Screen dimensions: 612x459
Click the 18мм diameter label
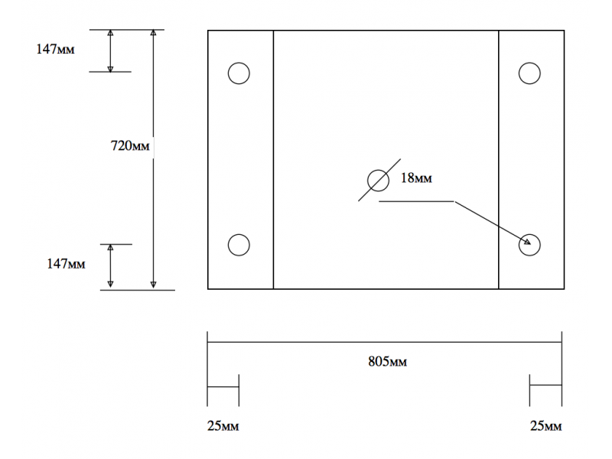416,178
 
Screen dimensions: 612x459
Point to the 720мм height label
130,145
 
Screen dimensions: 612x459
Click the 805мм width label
387,361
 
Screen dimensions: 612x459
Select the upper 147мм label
55,49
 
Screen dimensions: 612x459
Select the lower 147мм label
66,264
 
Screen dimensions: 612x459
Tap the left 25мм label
223,426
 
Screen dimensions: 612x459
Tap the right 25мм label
545,426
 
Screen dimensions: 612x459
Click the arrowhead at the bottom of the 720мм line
154,285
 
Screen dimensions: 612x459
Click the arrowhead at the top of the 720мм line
154,33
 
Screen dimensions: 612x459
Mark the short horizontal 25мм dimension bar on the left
223,387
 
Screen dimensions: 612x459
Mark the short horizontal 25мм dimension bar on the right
545,385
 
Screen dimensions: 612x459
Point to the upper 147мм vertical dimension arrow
110,50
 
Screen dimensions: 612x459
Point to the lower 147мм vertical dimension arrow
110,266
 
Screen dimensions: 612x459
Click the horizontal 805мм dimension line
385,342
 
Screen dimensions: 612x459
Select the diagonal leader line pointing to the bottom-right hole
493,223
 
